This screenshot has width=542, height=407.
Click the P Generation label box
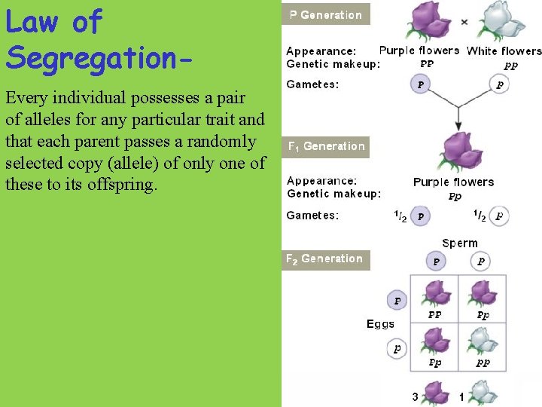pyautogui.click(x=326, y=14)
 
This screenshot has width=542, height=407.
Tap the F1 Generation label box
pyautogui.click(x=326, y=146)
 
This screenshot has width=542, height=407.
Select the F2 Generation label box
pyautogui.click(x=326, y=259)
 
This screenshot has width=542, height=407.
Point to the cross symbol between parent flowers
pyautogui.click(x=464, y=22)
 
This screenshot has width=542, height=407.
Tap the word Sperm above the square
pyautogui.click(x=460, y=243)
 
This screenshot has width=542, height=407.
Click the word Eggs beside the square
pyautogui.click(x=380, y=324)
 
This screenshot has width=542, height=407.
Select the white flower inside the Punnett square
pyautogui.click(x=483, y=342)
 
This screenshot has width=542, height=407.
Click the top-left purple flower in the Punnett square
pyautogui.click(x=435, y=292)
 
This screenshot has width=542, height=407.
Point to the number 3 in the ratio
pyautogui.click(x=415, y=396)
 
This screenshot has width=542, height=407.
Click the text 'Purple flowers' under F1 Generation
pyautogui.click(x=453, y=182)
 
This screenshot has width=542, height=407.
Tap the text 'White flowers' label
pyautogui.click(x=504, y=51)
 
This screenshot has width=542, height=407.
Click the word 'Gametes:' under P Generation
pyautogui.click(x=312, y=84)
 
